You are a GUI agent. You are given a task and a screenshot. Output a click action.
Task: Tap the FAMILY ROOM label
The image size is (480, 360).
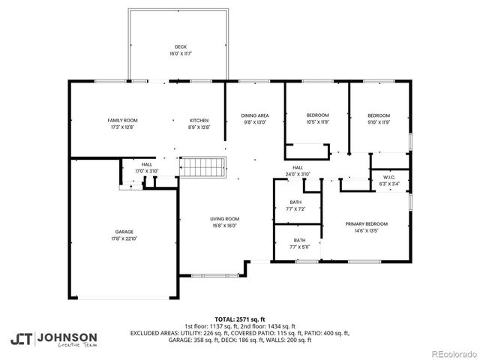[122, 120]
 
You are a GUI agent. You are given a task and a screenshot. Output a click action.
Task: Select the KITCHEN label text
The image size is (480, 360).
[199, 120]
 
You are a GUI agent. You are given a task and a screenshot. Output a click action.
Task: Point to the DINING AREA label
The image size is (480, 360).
[255, 115]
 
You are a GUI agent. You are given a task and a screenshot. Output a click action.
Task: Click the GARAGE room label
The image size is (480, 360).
[124, 232]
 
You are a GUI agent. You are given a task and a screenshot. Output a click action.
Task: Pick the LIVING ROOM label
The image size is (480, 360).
[224, 218]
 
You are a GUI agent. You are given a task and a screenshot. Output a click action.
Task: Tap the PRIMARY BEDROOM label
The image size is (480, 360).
[366, 224]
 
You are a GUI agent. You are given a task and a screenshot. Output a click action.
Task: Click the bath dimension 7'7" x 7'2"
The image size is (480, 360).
[296, 209]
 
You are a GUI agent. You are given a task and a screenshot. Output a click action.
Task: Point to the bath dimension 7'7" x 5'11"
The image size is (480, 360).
[296, 247]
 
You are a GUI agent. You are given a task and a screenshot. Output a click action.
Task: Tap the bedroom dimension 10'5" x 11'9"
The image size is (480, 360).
[318, 121]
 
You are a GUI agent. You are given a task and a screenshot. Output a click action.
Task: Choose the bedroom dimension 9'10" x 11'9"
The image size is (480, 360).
[378, 121]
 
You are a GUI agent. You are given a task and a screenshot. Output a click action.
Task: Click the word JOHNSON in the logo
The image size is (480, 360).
[67, 336]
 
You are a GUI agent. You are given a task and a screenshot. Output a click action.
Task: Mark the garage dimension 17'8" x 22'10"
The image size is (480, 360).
[124, 238]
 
